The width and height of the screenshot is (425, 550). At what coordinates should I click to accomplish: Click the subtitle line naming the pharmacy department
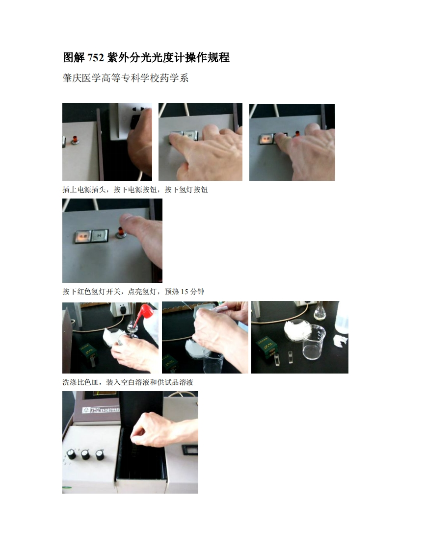coord(126,78)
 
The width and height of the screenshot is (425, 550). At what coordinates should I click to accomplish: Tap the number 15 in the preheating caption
coord(185,292)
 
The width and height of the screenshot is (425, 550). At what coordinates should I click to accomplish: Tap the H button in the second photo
coord(190,135)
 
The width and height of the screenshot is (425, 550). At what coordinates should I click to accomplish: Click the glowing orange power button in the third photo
coord(266,139)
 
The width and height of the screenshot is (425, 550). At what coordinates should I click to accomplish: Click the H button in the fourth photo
coord(100,236)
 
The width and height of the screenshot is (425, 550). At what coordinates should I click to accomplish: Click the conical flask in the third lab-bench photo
coord(320,313)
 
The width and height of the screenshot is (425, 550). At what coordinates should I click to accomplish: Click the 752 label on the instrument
coord(95,409)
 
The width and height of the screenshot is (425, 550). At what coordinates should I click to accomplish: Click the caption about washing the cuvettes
coord(128,382)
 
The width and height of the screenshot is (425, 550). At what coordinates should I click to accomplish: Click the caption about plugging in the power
coord(135,189)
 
